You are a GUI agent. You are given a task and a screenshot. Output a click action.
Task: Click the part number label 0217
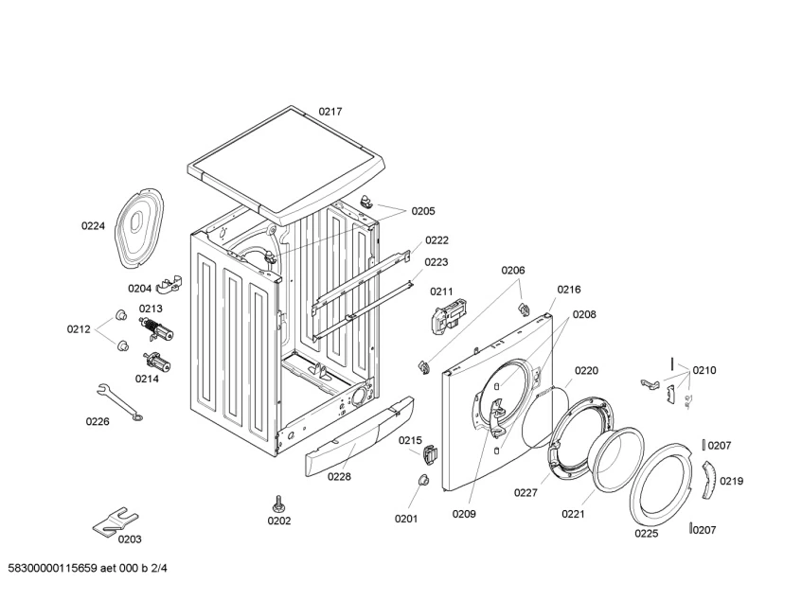click(330, 112)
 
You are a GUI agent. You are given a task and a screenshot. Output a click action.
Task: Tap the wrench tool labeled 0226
click(119, 401)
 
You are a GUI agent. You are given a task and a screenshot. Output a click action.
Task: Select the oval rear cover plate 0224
click(138, 228)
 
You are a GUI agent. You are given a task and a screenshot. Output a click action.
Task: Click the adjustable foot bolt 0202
click(278, 504)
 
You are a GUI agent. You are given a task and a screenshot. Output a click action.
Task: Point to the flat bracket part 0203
click(114, 521)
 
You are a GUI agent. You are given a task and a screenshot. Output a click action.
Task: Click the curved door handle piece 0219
click(709, 479)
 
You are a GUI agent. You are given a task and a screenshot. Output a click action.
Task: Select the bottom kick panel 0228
click(360, 437)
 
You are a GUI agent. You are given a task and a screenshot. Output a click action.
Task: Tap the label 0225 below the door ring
click(647, 534)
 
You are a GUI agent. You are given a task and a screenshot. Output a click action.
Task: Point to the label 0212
click(79, 329)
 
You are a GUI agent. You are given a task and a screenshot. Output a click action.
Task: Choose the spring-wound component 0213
click(156, 328)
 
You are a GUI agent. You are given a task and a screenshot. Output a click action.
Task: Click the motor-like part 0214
click(157, 362)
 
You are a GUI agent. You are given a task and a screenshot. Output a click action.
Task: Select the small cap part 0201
click(423, 480)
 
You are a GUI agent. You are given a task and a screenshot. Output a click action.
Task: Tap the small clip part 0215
click(430, 453)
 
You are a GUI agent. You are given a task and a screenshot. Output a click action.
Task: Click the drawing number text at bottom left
click(87, 568)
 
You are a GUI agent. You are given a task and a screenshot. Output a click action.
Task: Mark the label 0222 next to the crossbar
click(437, 240)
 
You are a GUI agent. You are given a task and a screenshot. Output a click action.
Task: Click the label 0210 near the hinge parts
click(704, 370)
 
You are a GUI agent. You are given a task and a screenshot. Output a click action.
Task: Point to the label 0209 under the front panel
click(464, 514)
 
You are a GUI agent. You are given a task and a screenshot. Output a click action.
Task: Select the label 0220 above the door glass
click(586, 370)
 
